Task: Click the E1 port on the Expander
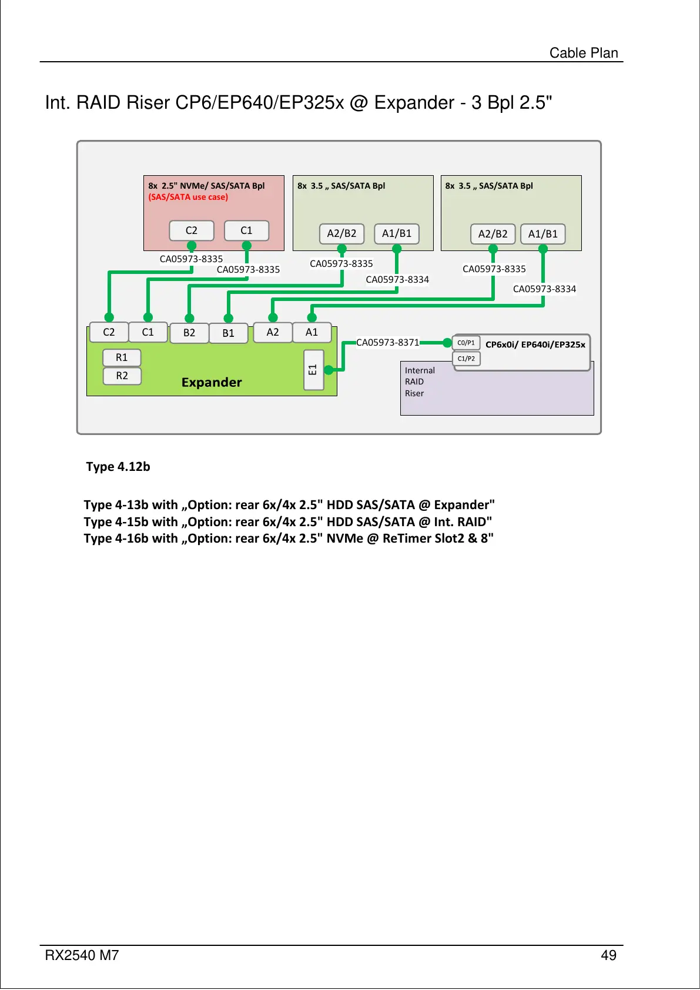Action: (313, 370)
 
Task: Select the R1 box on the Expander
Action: (122, 357)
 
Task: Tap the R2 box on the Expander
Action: (122, 376)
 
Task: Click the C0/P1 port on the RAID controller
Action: (466, 343)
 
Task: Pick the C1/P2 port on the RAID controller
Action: (466, 359)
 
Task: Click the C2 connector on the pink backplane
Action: (192, 230)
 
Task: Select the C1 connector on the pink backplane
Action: (246, 230)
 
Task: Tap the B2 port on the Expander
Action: (189, 333)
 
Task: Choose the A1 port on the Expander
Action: (312, 332)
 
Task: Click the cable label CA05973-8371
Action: (388, 342)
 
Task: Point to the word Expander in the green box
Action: (212, 382)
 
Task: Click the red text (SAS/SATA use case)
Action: (188, 197)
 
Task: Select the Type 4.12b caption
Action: (118, 467)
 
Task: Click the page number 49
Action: (608, 955)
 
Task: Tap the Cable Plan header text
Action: (584, 53)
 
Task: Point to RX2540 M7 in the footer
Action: (82, 955)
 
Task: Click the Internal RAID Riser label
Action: (419, 382)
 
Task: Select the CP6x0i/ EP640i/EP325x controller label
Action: (535, 345)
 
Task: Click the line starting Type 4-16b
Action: (288, 539)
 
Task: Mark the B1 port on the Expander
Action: (228, 333)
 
